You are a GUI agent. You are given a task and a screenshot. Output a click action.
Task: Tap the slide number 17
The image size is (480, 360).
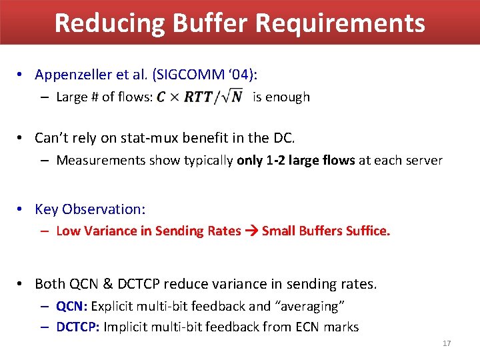[x=447, y=343]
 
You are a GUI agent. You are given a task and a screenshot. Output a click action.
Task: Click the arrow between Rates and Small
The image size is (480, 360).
[x=251, y=231]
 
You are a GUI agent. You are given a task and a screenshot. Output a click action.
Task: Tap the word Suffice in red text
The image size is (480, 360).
[x=365, y=231]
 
